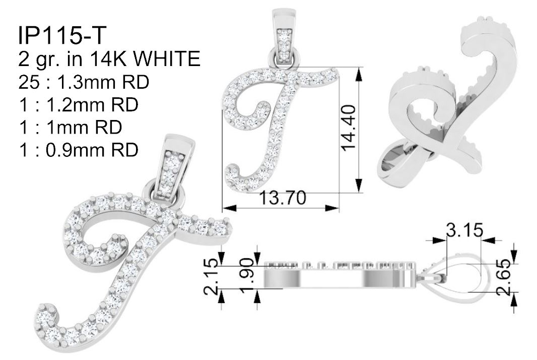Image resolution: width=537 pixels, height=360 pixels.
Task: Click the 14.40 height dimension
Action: pos(349,128)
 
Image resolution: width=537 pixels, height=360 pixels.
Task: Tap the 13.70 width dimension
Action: pos(283,198)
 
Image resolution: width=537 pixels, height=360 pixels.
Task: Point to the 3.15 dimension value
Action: pos(464,230)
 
